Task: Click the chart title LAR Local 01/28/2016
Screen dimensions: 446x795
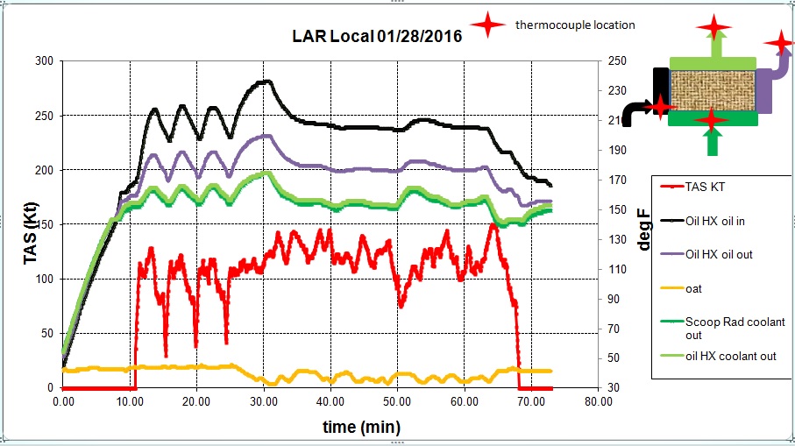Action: [377, 37]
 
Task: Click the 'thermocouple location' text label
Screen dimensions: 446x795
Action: [575, 25]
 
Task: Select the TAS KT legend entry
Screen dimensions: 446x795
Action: [706, 187]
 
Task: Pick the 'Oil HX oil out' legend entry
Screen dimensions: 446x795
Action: [719, 254]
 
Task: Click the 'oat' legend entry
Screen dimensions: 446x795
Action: [693, 288]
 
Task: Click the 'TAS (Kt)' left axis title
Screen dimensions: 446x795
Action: [30, 223]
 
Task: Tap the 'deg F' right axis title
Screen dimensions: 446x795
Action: [644, 230]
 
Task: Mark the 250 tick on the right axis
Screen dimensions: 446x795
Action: [616, 61]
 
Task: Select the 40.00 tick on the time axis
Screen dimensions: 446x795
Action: [330, 401]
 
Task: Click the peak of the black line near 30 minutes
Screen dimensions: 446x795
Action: [266, 81]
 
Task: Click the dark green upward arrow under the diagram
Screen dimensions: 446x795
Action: [713, 141]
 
